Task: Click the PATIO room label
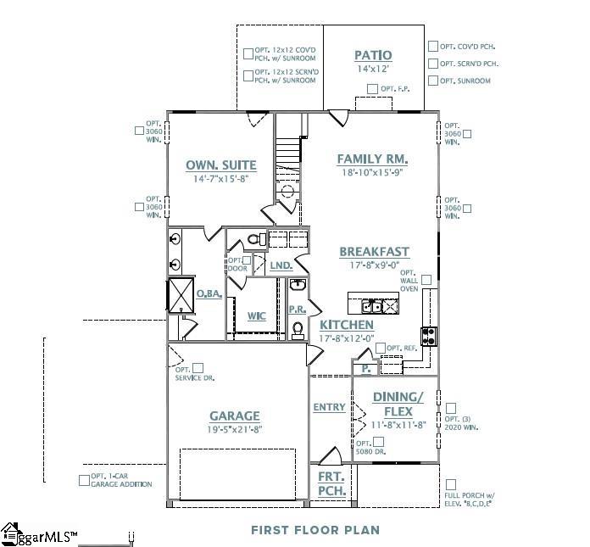pyautogui.click(x=373, y=56)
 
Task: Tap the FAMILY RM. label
pyautogui.click(x=372, y=159)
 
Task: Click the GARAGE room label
pyautogui.click(x=235, y=416)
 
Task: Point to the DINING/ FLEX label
pyautogui.click(x=398, y=403)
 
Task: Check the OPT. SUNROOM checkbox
pyautogui.click(x=433, y=81)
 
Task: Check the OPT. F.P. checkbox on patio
pyautogui.click(x=372, y=89)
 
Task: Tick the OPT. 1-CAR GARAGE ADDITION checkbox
pyautogui.click(x=84, y=480)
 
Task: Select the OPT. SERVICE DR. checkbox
pyautogui.click(x=198, y=368)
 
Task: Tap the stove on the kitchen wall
pyautogui.click(x=429, y=335)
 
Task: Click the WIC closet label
pyautogui.click(x=257, y=315)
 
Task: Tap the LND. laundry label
pyautogui.click(x=281, y=265)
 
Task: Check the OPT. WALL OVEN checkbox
pyautogui.click(x=426, y=279)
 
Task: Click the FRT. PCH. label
pyautogui.click(x=330, y=484)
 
